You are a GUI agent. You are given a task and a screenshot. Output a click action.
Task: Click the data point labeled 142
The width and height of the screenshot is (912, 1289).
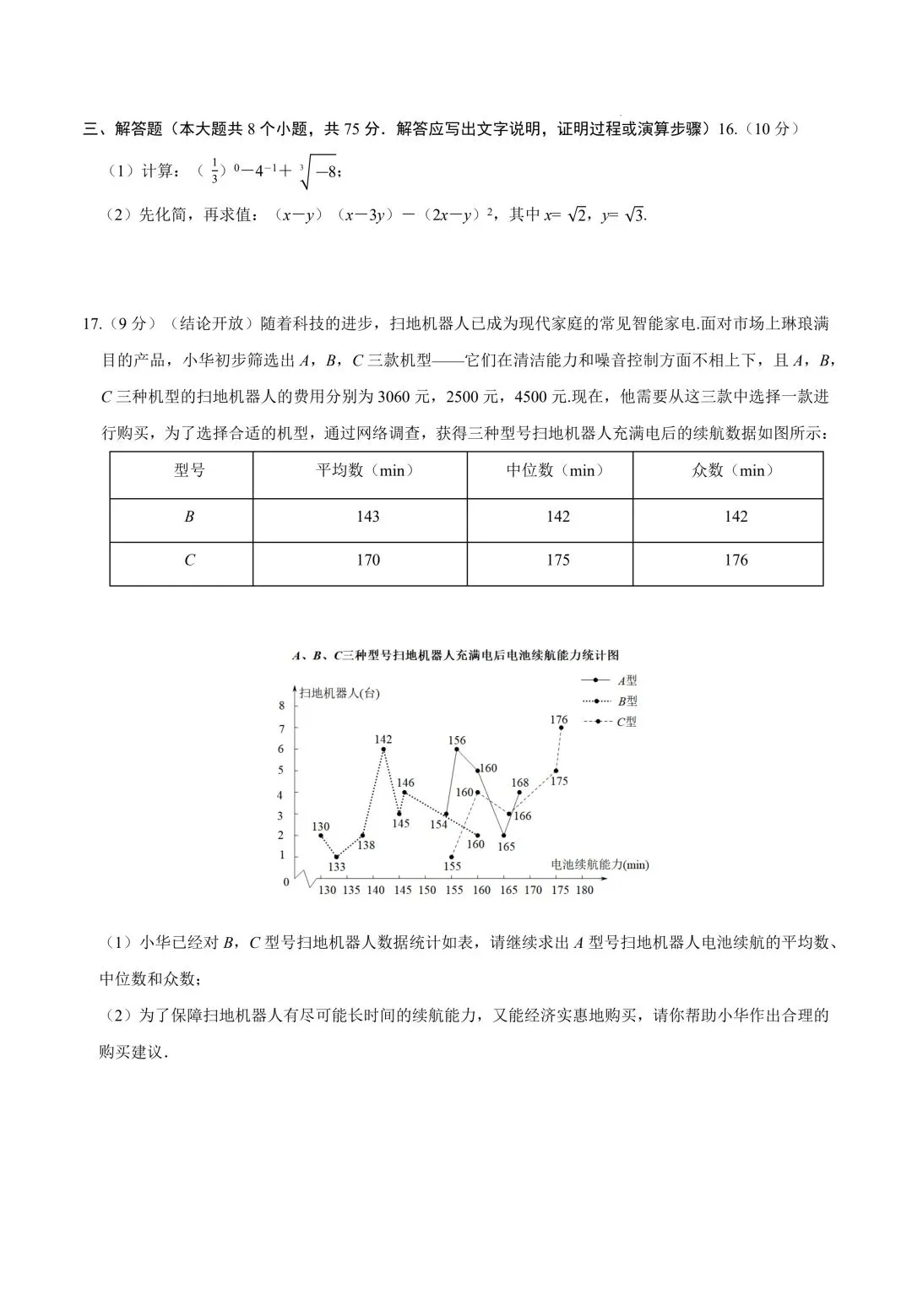point(383,749)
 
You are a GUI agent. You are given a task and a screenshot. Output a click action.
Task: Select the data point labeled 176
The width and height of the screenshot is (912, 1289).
point(561,728)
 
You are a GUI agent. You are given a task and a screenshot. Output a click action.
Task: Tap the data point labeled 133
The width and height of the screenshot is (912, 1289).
point(336,857)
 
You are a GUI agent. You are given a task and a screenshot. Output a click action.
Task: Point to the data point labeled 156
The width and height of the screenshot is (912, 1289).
point(457,749)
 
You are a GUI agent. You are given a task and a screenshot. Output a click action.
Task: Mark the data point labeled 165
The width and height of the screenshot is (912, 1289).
point(503,836)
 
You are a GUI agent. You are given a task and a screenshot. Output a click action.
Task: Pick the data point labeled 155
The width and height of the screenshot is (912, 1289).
point(452,857)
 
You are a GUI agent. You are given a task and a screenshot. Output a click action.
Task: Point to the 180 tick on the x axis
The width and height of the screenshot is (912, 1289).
point(584,890)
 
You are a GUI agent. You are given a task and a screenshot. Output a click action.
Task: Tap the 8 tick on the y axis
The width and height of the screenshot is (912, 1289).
point(282,706)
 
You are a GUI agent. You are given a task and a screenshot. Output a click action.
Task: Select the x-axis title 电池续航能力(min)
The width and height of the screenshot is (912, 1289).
point(600,864)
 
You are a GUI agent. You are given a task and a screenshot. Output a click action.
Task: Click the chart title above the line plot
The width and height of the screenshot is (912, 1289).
point(456,655)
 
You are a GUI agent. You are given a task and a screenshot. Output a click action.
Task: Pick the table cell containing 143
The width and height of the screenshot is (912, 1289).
point(368,517)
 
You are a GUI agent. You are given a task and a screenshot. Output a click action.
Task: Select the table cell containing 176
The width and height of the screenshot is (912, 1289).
point(736,561)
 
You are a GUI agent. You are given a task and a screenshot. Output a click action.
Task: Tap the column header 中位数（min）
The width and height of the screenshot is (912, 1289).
point(557,471)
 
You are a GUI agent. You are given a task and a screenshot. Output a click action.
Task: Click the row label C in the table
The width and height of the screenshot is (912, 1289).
point(189,561)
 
